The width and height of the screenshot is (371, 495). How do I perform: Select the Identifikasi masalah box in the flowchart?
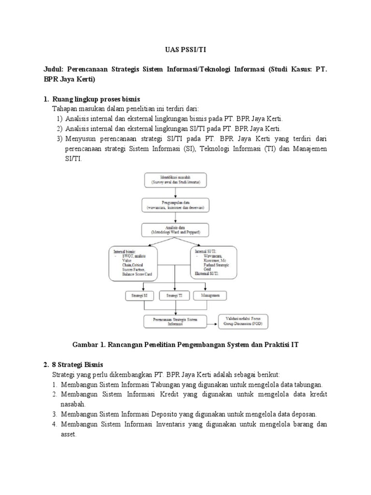pyautogui.click(x=175, y=179)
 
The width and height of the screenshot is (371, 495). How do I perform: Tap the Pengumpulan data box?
pyautogui.click(x=175, y=204)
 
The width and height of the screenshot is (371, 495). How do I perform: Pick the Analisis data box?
pyautogui.click(x=175, y=230)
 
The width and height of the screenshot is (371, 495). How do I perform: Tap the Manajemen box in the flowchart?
pyautogui.click(x=207, y=295)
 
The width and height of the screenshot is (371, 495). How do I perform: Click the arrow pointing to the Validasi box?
pyautogui.click(x=211, y=321)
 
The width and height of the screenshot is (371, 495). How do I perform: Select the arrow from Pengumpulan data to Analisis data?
pyautogui.click(x=175, y=217)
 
